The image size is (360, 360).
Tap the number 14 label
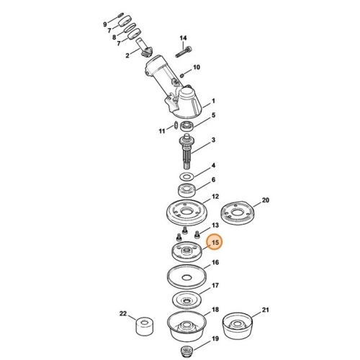pyautogui.click(x=183, y=37)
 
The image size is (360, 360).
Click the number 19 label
pyautogui.click(x=214, y=338)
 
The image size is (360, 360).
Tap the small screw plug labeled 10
pyautogui.click(x=184, y=71)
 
